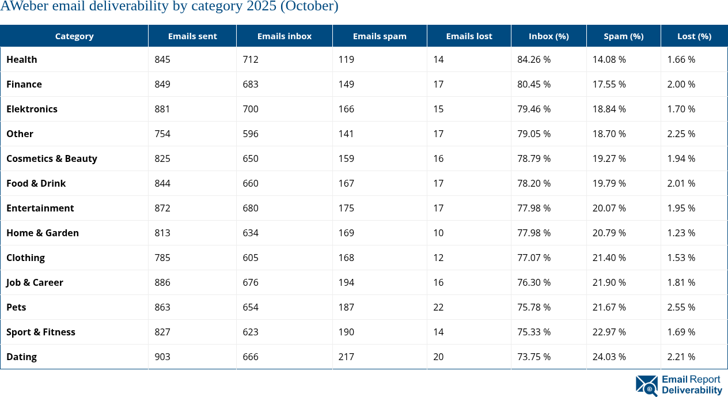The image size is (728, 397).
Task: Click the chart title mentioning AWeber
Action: coord(169,6)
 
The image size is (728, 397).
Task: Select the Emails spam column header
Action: coord(380,36)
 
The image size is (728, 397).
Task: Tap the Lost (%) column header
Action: coord(694,36)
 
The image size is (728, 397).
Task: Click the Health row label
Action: coord(22,59)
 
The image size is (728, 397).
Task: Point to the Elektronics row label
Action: coord(32,109)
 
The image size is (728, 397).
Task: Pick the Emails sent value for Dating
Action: coord(162,357)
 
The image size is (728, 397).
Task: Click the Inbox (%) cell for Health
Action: coord(534,59)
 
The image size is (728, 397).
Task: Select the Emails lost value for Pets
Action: coord(438,307)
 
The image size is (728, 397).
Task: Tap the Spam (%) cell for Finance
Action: coord(609,84)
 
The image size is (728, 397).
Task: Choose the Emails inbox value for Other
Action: coord(251,134)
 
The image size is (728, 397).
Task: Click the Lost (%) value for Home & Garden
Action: coord(681,233)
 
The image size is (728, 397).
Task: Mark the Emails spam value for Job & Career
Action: coord(347,282)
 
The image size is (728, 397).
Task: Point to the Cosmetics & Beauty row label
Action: coord(52,158)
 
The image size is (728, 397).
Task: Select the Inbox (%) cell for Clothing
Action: coord(534,258)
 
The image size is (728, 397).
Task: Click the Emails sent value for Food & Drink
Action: coord(162,183)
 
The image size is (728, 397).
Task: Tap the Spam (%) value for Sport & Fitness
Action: coord(609,332)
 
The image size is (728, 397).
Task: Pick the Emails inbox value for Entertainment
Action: coord(251,208)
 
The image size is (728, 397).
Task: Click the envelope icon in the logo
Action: coord(646,385)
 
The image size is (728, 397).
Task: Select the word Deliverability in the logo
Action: coord(692,390)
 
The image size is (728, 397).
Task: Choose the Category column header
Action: coord(74,36)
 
